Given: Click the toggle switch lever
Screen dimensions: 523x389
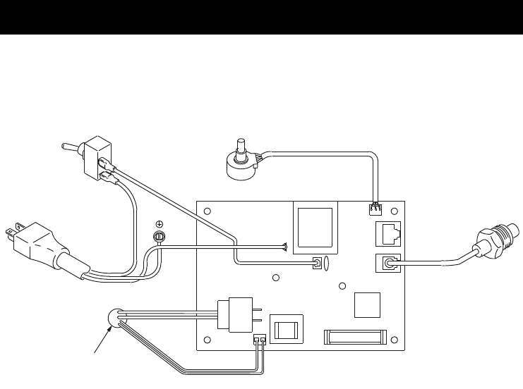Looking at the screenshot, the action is click(x=68, y=147).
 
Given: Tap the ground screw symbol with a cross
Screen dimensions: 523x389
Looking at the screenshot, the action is click(x=159, y=224).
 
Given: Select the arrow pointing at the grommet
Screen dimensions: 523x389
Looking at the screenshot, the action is click(x=100, y=339).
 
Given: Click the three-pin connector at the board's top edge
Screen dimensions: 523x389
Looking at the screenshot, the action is click(x=373, y=209).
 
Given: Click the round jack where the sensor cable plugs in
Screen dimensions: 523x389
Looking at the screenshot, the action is click(x=386, y=264).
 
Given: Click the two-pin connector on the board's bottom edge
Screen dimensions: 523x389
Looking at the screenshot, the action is click(x=258, y=340).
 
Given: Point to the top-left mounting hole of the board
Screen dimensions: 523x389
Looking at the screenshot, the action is click(x=206, y=212).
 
